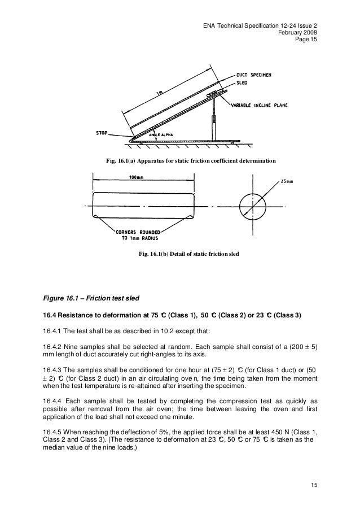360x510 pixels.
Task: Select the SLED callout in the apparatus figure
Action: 244,81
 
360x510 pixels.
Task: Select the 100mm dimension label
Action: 135,177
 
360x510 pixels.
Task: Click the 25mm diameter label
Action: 287,181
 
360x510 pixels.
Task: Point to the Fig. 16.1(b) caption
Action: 188,254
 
